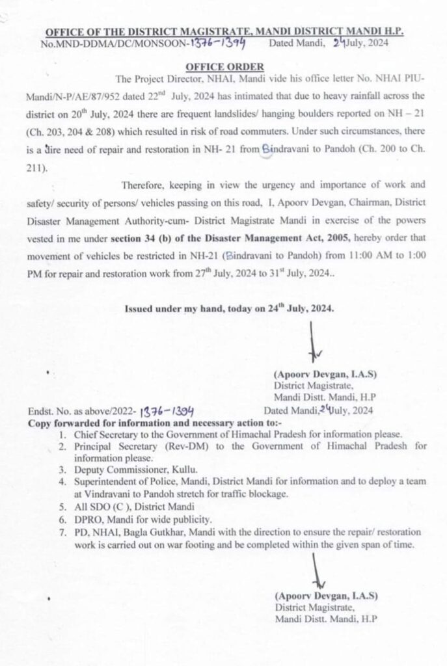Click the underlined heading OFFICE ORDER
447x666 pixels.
point(224,66)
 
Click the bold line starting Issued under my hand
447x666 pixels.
point(230,309)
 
